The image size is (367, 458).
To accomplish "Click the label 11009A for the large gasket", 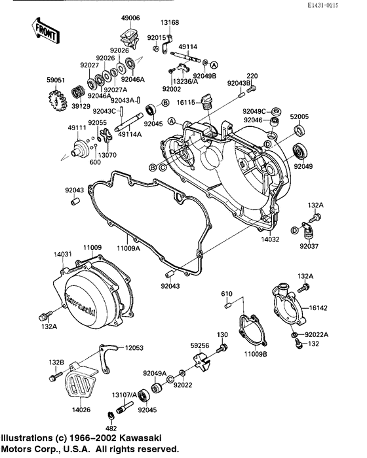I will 129,248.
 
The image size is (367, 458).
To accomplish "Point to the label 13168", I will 170,23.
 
